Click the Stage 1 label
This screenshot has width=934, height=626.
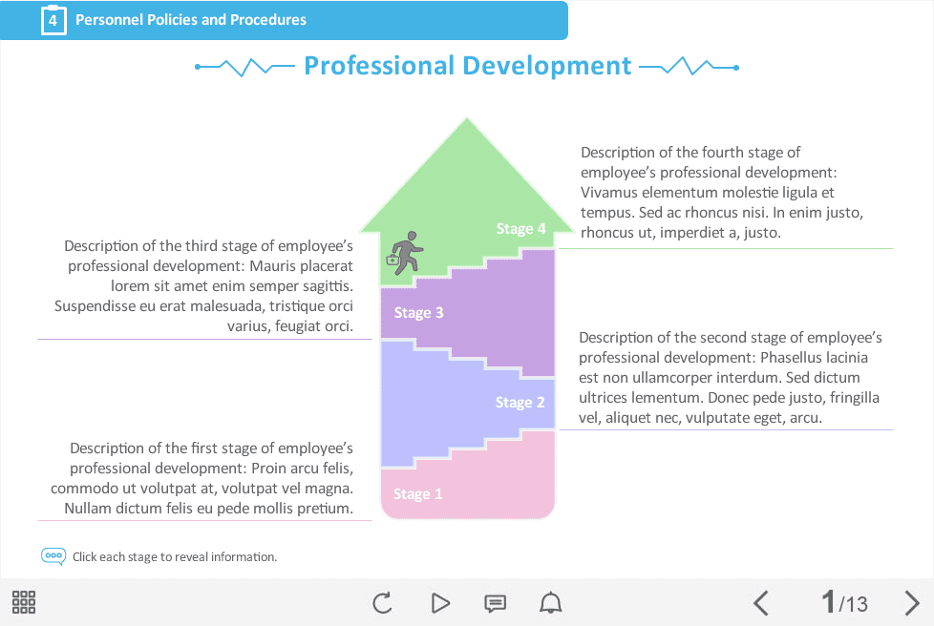pos(417,494)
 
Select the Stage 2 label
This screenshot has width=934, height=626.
pos(520,403)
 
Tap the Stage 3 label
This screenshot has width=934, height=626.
pos(418,312)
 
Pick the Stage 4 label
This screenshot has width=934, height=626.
pos(520,228)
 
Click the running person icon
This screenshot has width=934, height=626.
pos(405,253)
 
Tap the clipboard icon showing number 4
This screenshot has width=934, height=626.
pos(53,20)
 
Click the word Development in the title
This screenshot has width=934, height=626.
pos(547,66)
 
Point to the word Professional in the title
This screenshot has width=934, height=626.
pos(379,66)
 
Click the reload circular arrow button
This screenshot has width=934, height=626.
pos(382,603)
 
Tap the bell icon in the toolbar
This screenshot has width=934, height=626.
pos(550,603)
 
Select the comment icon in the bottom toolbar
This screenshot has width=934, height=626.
pos(495,603)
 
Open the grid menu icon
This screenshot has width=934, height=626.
pos(24,602)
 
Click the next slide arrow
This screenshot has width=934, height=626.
pos(911,603)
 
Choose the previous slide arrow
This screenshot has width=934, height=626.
pos(760,603)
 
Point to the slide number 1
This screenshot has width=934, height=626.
pos(829,601)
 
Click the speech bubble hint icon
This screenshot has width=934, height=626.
pos(53,556)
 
